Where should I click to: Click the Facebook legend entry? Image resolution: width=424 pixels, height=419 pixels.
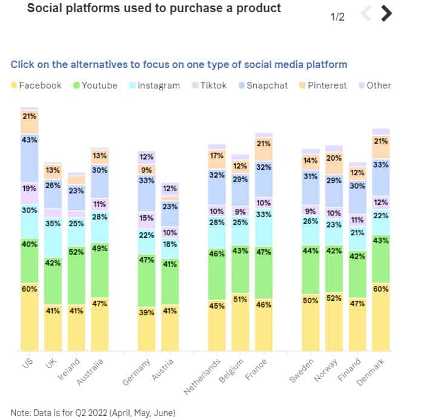[36, 85]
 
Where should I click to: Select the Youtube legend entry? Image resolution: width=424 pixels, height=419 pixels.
[94, 85]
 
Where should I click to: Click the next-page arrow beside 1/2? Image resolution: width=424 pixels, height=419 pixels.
[386, 14]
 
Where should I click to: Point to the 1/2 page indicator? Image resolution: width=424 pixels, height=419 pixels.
[337, 17]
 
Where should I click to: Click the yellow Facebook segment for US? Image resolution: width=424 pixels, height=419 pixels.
[29, 317]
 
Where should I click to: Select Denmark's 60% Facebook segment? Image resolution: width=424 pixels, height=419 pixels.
[381, 317]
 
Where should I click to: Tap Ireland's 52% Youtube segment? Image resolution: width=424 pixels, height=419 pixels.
[76, 269]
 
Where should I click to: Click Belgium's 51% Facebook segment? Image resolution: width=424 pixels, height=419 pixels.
[240, 322]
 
